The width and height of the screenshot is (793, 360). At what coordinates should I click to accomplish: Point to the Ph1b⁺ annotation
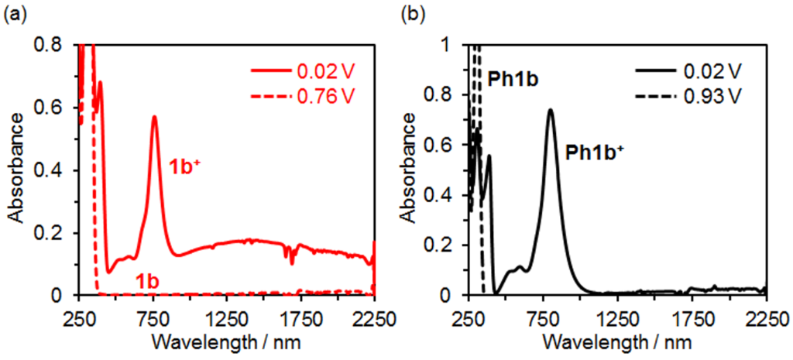pos(594,152)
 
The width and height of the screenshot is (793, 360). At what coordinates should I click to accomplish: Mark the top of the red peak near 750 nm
pos(154,117)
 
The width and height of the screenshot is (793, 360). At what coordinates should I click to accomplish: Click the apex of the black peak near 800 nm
pos(551,110)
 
